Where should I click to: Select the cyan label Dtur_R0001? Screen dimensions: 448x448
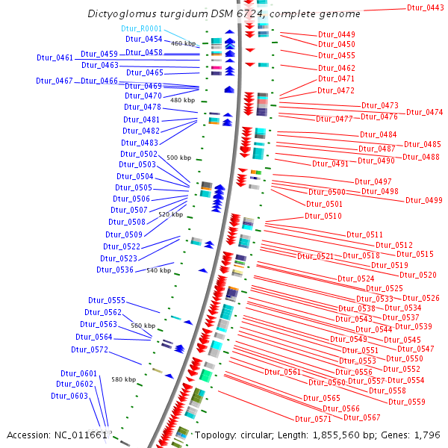[141, 28]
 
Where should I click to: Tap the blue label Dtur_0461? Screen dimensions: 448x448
[55, 57]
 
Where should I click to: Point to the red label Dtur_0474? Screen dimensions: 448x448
[425, 112]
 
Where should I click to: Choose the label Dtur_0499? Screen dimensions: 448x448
[424, 200]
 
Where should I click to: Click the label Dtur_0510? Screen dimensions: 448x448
[323, 216]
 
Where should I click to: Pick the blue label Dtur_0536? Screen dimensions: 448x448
[115, 270]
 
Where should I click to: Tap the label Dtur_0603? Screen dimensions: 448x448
[69, 396]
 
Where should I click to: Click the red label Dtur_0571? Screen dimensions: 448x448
[313, 419]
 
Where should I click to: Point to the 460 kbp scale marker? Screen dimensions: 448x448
[183, 43]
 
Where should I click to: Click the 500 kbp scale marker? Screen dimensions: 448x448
[178, 158]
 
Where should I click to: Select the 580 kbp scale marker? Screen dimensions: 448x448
[124, 379]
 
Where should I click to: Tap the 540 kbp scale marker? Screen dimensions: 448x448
[158, 270]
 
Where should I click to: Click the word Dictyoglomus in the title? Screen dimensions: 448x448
[121, 14]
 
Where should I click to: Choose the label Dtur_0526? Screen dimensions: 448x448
[421, 298]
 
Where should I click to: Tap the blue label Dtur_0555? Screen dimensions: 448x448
[105, 300]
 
